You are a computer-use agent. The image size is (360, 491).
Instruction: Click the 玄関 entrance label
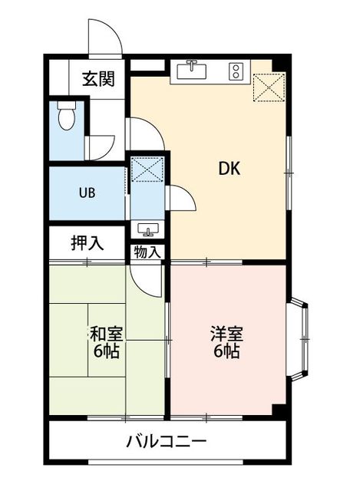[x=98, y=79]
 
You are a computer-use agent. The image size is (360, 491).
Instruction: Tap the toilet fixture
[x=67, y=115]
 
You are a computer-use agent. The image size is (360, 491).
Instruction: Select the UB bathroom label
[x=87, y=193]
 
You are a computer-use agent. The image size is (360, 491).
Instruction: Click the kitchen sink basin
[x=192, y=71]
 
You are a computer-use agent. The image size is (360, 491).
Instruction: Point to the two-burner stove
[x=236, y=71]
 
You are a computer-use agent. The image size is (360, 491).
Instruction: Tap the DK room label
[x=229, y=169]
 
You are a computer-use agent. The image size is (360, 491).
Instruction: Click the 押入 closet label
[x=88, y=243]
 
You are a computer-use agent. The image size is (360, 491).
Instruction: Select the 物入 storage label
[x=145, y=252]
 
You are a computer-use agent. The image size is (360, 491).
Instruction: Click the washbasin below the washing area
[x=147, y=229]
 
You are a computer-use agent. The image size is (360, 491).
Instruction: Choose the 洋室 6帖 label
[x=226, y=342]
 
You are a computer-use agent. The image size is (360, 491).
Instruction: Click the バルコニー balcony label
[x=167, y=442]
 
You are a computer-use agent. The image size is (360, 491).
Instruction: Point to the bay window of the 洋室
[x=298, y=339]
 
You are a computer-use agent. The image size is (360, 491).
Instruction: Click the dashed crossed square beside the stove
[x=269, y=87]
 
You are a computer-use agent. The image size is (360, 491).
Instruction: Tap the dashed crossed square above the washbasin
[x=147, y=170]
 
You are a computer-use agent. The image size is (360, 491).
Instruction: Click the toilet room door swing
[x=101, y=147]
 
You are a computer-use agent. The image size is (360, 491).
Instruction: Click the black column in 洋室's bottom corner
[x=280, y=411]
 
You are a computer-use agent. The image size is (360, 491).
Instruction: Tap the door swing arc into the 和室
[x=147, y=279]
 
